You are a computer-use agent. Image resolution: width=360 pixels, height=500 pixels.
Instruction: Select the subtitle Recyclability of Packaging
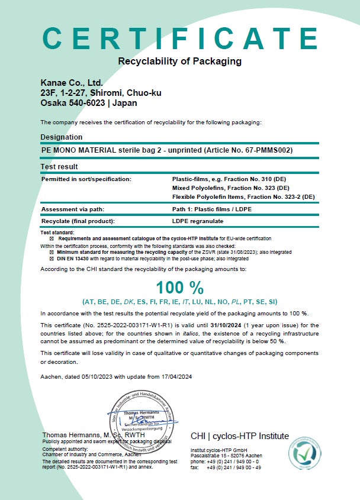180,61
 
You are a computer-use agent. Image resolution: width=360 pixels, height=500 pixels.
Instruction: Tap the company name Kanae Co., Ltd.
72,82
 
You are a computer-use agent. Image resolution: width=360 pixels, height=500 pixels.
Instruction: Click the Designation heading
62,137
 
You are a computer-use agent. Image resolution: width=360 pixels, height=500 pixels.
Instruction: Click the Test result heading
59,167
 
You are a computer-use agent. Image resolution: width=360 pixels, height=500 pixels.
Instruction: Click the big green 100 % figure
180,288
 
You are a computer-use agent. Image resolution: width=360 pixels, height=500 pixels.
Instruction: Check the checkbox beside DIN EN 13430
52,257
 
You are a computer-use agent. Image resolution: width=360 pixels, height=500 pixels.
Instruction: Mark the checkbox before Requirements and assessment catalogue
52,238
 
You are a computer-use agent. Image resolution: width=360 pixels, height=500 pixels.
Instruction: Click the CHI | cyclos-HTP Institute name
240,437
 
